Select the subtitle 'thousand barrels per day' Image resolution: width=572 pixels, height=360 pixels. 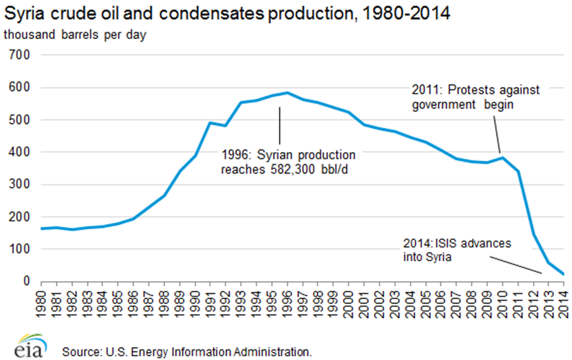pos(75,35)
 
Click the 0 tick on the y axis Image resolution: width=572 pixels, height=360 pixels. pos(27,281)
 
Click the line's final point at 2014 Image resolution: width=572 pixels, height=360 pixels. pos(563,274)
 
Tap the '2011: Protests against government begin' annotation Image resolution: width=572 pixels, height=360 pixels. pos(476,97)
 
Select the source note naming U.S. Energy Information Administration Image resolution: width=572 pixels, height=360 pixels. pos(186,352)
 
